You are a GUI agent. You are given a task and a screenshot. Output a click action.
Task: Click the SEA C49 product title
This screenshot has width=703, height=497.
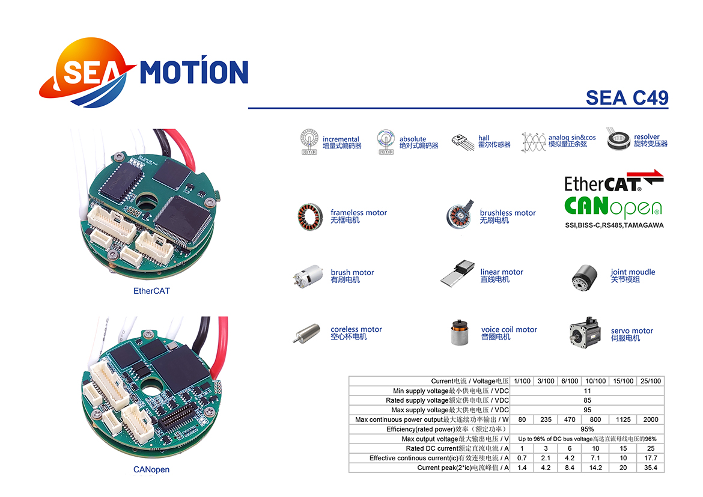pyautogui.click(x=627, y=98)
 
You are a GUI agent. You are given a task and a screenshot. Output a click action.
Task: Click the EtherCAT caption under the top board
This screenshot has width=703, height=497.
pyautogui.click(x=151, y=291)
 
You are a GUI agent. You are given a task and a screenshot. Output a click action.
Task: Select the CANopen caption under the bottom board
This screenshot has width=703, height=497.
pyautogui.click(x=151, y=469)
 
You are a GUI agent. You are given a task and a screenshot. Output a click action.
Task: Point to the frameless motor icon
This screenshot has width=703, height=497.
pyautogui.click(x=310, y=217)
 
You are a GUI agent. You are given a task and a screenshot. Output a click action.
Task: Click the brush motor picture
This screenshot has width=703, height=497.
pyautogui.click(x=308, y=275)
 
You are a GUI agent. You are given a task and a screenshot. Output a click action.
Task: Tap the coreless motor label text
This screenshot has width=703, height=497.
pyautogui.click(x=356, y=332)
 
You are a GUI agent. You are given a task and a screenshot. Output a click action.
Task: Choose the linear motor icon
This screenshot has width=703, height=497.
pyautogui.click(x=457, y=272)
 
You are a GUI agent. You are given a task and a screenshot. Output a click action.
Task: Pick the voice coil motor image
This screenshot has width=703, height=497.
pyautogui.click(x=460, y=332)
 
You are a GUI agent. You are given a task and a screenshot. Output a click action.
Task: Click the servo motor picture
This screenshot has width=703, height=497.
pyautogui.click(x=585, y=334)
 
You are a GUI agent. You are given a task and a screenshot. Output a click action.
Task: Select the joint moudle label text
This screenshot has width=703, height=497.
pyautogui.click(x=633, y=275)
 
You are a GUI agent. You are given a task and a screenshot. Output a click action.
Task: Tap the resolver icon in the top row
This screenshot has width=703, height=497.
pyautogui.click(x=618, y=139)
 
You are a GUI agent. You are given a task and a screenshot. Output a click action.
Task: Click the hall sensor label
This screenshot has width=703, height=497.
pyautogui.click(x=494, y=141)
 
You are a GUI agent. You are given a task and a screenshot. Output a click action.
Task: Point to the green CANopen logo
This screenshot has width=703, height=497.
pyautogui.click(x=613, y=207)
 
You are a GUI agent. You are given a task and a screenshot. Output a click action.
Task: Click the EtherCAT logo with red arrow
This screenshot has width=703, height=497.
pyautogui.click(x=613, y=181)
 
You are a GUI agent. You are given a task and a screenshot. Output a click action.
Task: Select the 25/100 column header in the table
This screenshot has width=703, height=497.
pyautogui.click(x=651, y=381)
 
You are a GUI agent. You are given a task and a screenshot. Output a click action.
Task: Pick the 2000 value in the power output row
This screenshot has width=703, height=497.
pyautogui.click(x=651, y=419)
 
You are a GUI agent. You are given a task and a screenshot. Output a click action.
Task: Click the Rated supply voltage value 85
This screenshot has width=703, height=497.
pyautogui.click(x=587, y=400)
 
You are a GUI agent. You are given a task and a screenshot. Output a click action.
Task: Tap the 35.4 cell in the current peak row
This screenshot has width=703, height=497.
pyautogui.click(x=651, y=468)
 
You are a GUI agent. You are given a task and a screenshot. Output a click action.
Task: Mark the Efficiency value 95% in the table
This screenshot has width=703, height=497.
pyautogui.click(x=587, y=429)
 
